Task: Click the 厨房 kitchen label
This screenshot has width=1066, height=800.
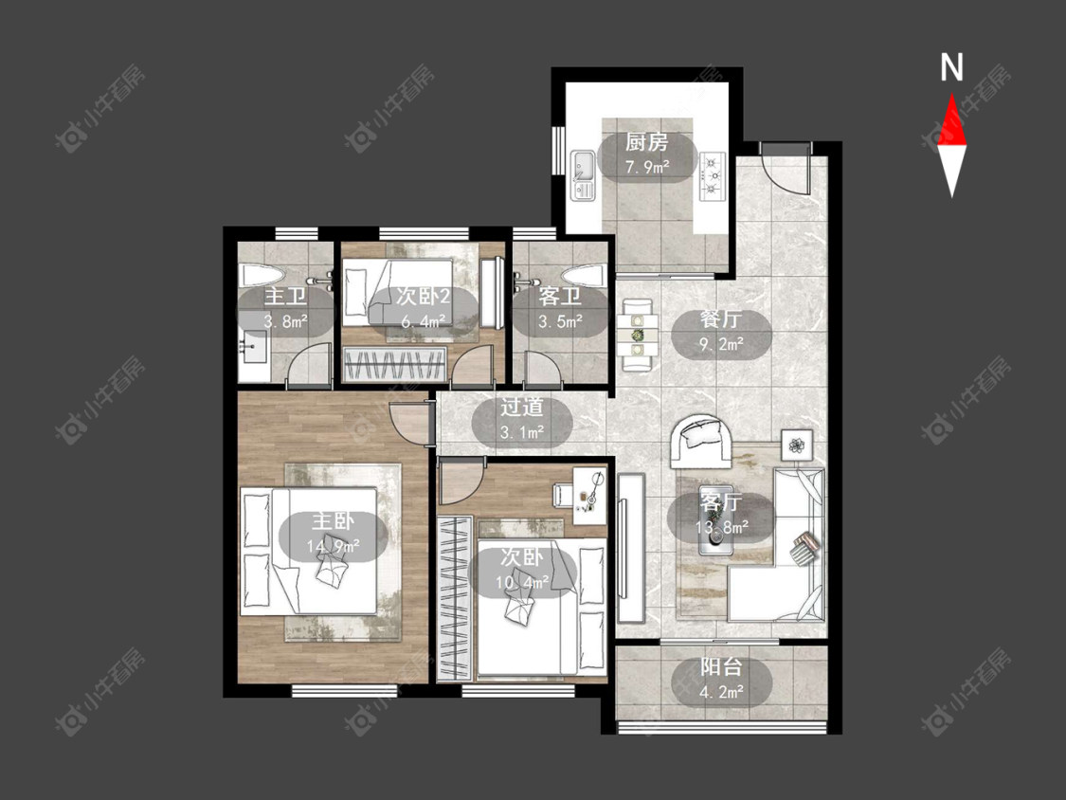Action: pos(646,142)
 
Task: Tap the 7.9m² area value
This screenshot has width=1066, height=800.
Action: pos(647,167)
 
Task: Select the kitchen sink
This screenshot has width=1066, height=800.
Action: pos(584,175)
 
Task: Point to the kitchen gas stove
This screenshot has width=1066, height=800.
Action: pos(712,176)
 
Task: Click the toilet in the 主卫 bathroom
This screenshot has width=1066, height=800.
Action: pos(261,276)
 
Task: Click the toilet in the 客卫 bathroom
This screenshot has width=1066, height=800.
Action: pos(584,276)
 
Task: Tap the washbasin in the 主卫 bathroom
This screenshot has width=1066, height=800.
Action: pos(254,348)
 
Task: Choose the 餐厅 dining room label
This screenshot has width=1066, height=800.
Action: pos(721,319)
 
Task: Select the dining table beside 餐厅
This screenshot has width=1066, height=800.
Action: pos(638,335)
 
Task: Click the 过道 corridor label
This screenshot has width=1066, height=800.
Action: pos(522,407)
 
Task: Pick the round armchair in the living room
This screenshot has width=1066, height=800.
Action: pos(701,441)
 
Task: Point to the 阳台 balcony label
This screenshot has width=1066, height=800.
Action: pos(721,666)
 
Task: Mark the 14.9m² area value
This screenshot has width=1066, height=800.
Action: pos(333,546)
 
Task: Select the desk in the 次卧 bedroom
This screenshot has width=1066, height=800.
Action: pos(589,495)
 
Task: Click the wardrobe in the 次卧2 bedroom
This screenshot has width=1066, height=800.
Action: pos(395,364)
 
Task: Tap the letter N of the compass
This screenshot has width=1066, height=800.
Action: pos(951,67)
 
